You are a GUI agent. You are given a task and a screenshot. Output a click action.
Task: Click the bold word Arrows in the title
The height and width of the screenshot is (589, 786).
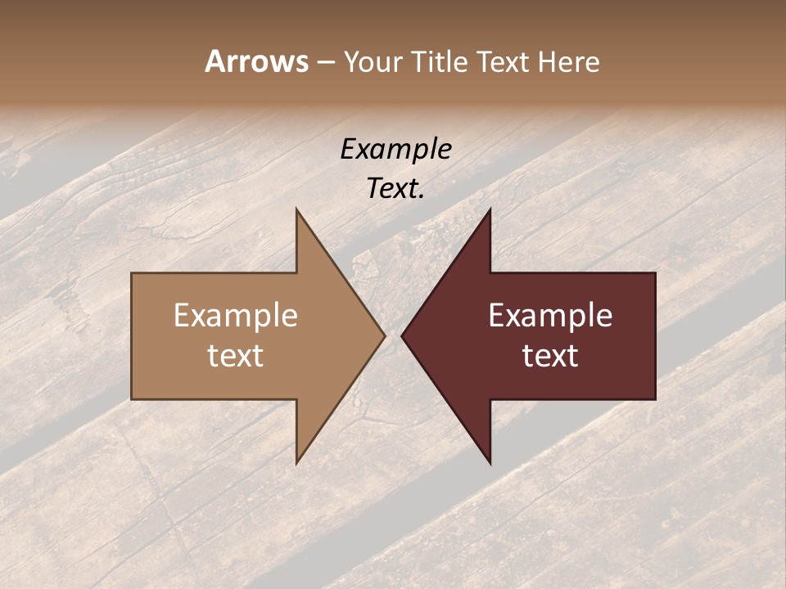(x=256, y=61)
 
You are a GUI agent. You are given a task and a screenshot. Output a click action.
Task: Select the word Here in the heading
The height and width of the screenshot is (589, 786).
(x=568, y=61)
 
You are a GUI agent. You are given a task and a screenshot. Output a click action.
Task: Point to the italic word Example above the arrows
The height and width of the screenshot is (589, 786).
(x=395, y=150)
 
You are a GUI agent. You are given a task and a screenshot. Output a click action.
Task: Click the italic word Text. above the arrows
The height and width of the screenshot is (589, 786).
(x=395, y=189)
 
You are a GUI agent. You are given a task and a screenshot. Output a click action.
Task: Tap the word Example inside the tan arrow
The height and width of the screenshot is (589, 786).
(x=235, y=316)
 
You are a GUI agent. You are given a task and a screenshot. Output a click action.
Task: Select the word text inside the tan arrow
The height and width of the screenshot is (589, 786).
(x=235, y=356)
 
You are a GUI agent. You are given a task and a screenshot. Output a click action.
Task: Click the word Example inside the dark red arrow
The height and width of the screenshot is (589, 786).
(x=550, y=316)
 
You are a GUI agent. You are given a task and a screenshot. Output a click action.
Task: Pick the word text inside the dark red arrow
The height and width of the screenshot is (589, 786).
(x=550, y=356)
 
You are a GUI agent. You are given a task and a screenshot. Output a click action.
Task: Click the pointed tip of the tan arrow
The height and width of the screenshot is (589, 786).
(x=384, y=335)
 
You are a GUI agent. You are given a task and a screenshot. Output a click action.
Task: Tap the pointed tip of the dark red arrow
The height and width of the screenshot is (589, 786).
(x=402, y=335)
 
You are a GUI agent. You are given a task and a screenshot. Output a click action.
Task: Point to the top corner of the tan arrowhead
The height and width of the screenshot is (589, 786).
(x=296, y=209)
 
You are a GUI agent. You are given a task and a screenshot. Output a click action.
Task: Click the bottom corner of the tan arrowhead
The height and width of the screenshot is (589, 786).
(x=296, y=463)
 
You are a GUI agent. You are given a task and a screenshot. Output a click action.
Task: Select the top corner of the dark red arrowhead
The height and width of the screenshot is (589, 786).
(x=490, y=209)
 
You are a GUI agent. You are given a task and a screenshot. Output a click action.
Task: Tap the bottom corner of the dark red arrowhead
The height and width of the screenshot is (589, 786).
(x=490, y=463)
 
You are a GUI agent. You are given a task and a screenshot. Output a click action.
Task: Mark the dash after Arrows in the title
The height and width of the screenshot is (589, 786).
(x=325, y=62)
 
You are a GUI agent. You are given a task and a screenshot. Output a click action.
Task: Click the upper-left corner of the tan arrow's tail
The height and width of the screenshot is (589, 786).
(x=132, y=273)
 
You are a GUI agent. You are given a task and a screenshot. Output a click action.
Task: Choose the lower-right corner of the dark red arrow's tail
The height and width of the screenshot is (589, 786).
(x=655, y=399)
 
